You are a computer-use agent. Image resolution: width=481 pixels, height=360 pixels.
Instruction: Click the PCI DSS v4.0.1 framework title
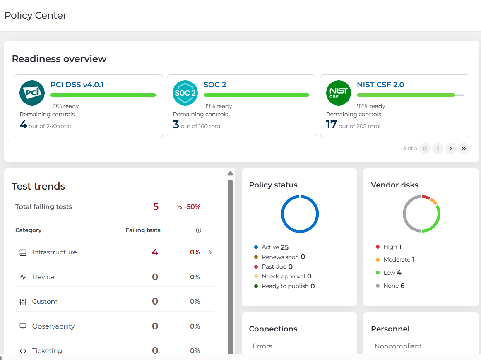[x=77, y=85]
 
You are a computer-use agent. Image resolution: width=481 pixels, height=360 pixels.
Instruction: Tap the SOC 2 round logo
[x=185, y=93]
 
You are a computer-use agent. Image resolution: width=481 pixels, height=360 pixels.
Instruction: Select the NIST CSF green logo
[x=338, y=93]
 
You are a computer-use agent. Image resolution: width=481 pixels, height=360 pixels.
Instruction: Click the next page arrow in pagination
[x=451, y=149]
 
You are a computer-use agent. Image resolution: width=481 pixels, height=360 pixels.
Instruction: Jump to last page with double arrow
[x=464, y=149]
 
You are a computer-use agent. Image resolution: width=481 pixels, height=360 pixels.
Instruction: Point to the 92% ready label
[x=371, y=106]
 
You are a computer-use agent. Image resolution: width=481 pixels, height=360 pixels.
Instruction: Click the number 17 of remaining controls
[x=331, y=125]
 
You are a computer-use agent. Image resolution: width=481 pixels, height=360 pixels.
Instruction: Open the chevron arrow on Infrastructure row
[x=210, y=252]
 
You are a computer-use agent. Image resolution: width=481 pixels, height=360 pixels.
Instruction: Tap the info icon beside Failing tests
[x=198, y=230]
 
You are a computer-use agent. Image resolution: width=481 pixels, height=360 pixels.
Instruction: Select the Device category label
[x=43, y=277]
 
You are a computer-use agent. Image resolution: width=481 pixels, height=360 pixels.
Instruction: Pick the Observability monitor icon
[x=23, y=326]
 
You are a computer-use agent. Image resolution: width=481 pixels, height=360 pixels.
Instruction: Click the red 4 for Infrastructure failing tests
[x=155, y=252]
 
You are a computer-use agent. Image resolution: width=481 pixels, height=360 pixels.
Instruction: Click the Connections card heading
[x=273, y=329]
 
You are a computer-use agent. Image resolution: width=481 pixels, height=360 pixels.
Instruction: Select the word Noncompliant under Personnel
[x=398, y=346]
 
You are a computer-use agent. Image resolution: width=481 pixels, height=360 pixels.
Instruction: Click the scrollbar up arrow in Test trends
[x=231, y=173]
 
